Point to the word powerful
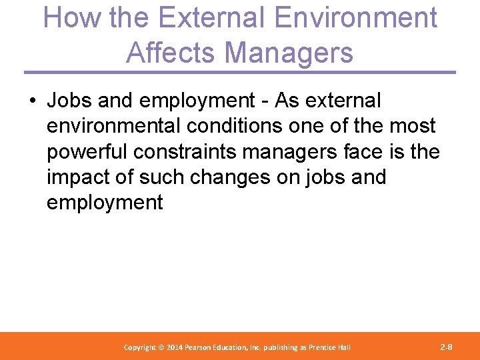pyautogui.click(x=87, y=151)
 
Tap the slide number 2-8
pyautogui.click(x=447, y=347)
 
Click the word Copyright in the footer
pyautogui.click(x=141, y=347)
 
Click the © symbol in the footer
pyautogui.click(x=162, y=347)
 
